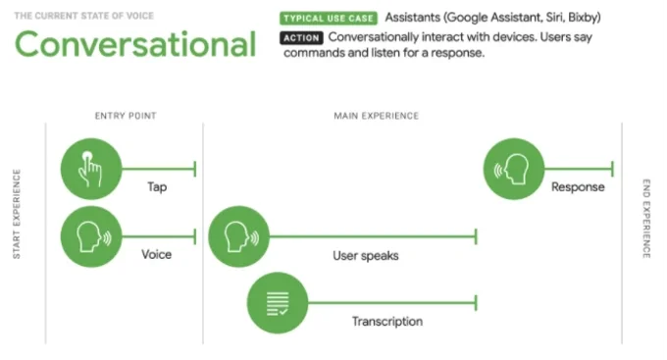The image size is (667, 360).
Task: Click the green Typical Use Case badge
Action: [x=328, y=19]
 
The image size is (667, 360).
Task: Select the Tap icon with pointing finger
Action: [x=91, y=169]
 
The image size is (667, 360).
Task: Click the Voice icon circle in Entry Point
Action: [x=91, y=236]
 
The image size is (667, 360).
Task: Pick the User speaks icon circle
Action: [x=239, y=236]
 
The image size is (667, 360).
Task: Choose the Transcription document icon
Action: [x=278, y=302]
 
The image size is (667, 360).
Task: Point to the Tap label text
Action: [x=157, y=186]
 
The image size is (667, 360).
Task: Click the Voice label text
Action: [x=156, y=254]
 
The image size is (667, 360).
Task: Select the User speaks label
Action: [x=365, y=256]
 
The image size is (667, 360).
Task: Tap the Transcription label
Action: [x=387, y=322]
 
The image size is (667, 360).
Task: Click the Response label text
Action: [x=578, y=187]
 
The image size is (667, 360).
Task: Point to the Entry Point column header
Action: [x=126, y=116]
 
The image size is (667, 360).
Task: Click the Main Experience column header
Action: [x=377, y=116]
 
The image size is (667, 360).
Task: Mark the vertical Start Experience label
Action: [x=17, y=215]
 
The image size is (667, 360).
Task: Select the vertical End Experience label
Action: [x=645, y=218]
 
